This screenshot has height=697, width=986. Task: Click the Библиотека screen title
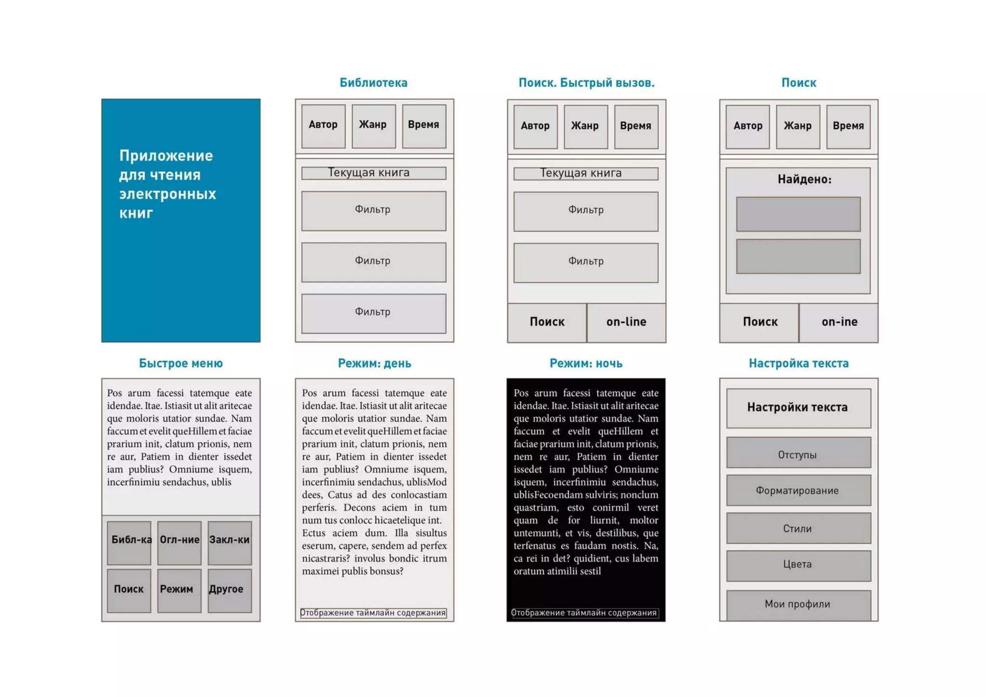373,83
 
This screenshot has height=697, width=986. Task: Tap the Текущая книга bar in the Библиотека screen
373,173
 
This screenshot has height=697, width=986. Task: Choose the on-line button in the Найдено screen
839,323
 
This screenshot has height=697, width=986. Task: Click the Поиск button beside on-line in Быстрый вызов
547,323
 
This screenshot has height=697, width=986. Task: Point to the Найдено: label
804,180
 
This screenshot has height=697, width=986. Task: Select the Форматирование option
798,490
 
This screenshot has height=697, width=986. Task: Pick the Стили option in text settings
798,528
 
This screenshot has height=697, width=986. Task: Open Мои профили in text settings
798,605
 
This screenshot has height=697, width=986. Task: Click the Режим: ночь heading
585,363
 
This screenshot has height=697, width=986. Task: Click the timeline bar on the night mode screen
584,613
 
